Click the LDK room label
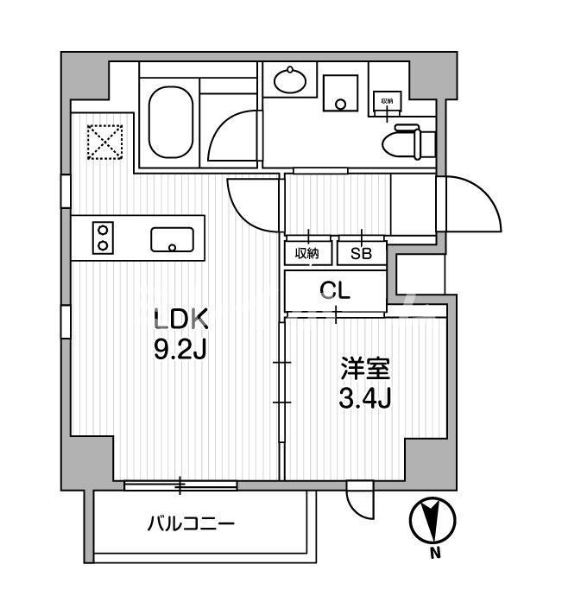tap(180, 320)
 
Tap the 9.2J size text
tap(180, 350)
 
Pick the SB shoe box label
tap(360, 253)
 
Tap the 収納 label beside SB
tap(306, 253)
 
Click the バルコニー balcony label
tap(191, 523)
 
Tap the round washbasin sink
tap(289, 83)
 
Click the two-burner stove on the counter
tap(104, 238)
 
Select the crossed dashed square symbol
tap(106, 142)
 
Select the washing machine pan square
tap(340, 92)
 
